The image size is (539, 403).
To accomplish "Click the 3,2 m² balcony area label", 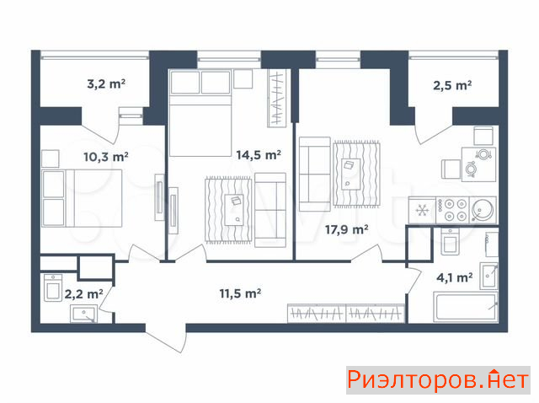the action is [x=106, y=83].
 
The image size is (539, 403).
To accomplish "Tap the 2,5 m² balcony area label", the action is [x=452, y=85].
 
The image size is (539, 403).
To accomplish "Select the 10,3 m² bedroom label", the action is [x=106, y=157].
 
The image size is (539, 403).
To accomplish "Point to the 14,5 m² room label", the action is [x=259, y=155].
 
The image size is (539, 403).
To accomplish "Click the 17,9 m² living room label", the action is [x=347, y=229].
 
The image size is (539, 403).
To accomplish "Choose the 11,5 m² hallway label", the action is [x=240, y=293].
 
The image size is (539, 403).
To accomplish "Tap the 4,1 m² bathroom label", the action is [x=455, y=277].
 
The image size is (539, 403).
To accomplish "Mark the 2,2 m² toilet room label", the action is [x=84, y=294].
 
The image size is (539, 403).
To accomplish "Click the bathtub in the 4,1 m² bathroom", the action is [x=466, y=307].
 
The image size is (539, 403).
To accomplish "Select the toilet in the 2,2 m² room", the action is [x=53, y=288].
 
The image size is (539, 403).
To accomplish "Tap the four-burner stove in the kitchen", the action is [x=452, y=210].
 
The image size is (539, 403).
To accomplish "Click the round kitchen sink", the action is [x=483, y=210].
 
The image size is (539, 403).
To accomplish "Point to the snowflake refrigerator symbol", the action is [x=422, y=210].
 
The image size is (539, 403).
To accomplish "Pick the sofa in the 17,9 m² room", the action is [x=315, y=174].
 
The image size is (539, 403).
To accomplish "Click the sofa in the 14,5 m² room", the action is [x=270, y=210].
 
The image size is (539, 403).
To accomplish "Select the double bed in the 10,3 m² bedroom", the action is [x=82, y=198].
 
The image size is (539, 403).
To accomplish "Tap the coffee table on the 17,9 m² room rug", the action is [x=351, y=175].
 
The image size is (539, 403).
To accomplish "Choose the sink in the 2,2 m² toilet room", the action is [x=83, y=314].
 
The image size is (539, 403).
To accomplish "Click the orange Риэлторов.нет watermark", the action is [x=438, y=380].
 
